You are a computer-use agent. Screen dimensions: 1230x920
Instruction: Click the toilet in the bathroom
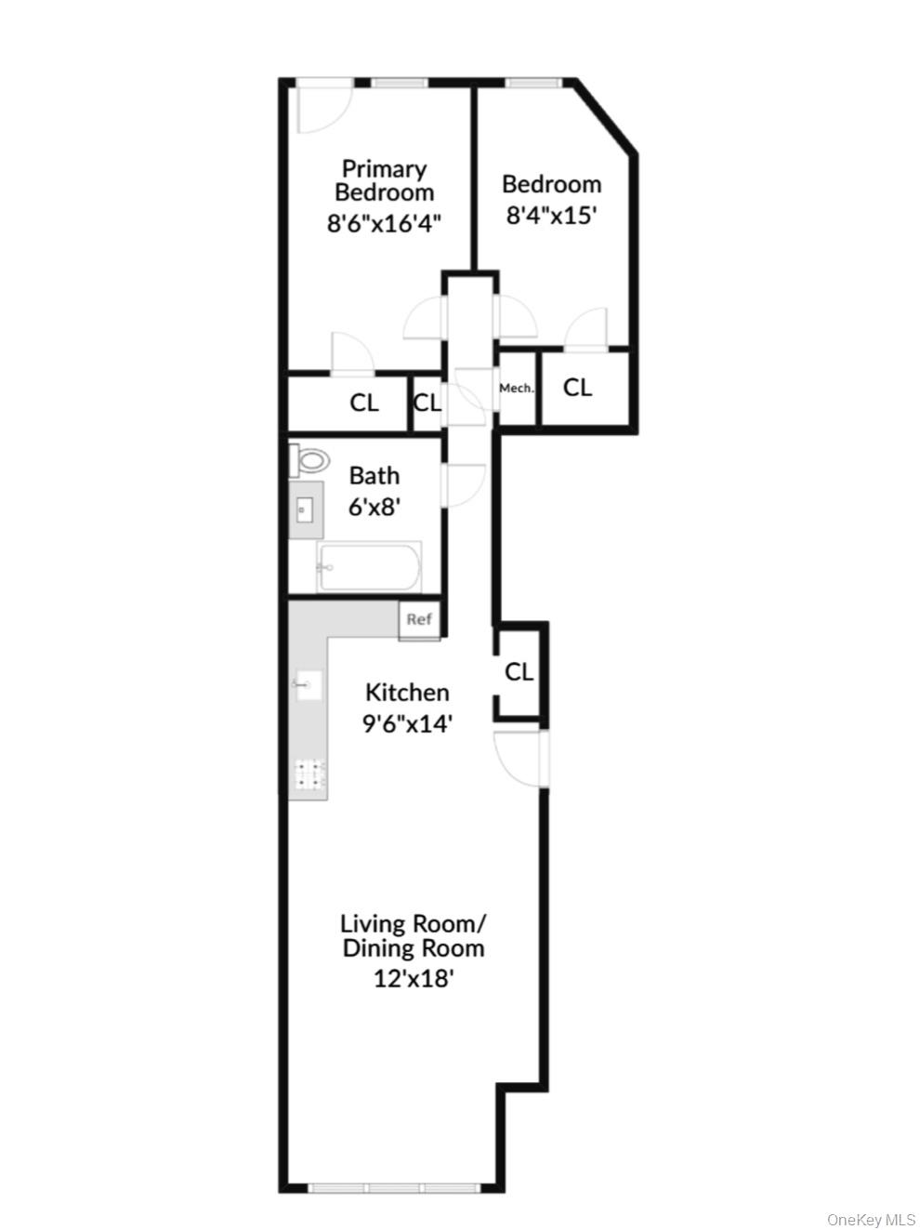click(310, 460)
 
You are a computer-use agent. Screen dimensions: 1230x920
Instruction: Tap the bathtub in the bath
click(369, 567)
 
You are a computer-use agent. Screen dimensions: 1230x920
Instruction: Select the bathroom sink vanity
click(305, 509)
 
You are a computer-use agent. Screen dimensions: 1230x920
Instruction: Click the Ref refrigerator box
click(419, 619)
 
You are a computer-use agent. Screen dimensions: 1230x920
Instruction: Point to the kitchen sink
click(307, 686)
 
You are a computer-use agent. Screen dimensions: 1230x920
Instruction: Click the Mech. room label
click(517, 388)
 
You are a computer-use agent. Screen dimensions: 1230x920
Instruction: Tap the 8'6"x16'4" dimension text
click(383, 223)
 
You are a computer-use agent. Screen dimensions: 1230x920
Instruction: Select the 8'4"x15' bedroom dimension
click(550, 216)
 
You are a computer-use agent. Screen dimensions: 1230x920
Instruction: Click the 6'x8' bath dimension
click(375, 508)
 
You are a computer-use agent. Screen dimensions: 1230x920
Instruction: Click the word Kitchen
click(407, 693)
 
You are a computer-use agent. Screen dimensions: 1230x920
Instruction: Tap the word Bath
click(375, 476)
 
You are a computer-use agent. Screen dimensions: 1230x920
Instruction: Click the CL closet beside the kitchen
click(519, 671)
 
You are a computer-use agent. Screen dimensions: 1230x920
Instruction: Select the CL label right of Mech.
click(577, 387)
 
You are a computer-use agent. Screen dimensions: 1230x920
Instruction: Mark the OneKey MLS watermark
click(871, 1219)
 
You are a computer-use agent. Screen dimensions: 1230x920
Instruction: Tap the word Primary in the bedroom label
click(384, 168)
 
